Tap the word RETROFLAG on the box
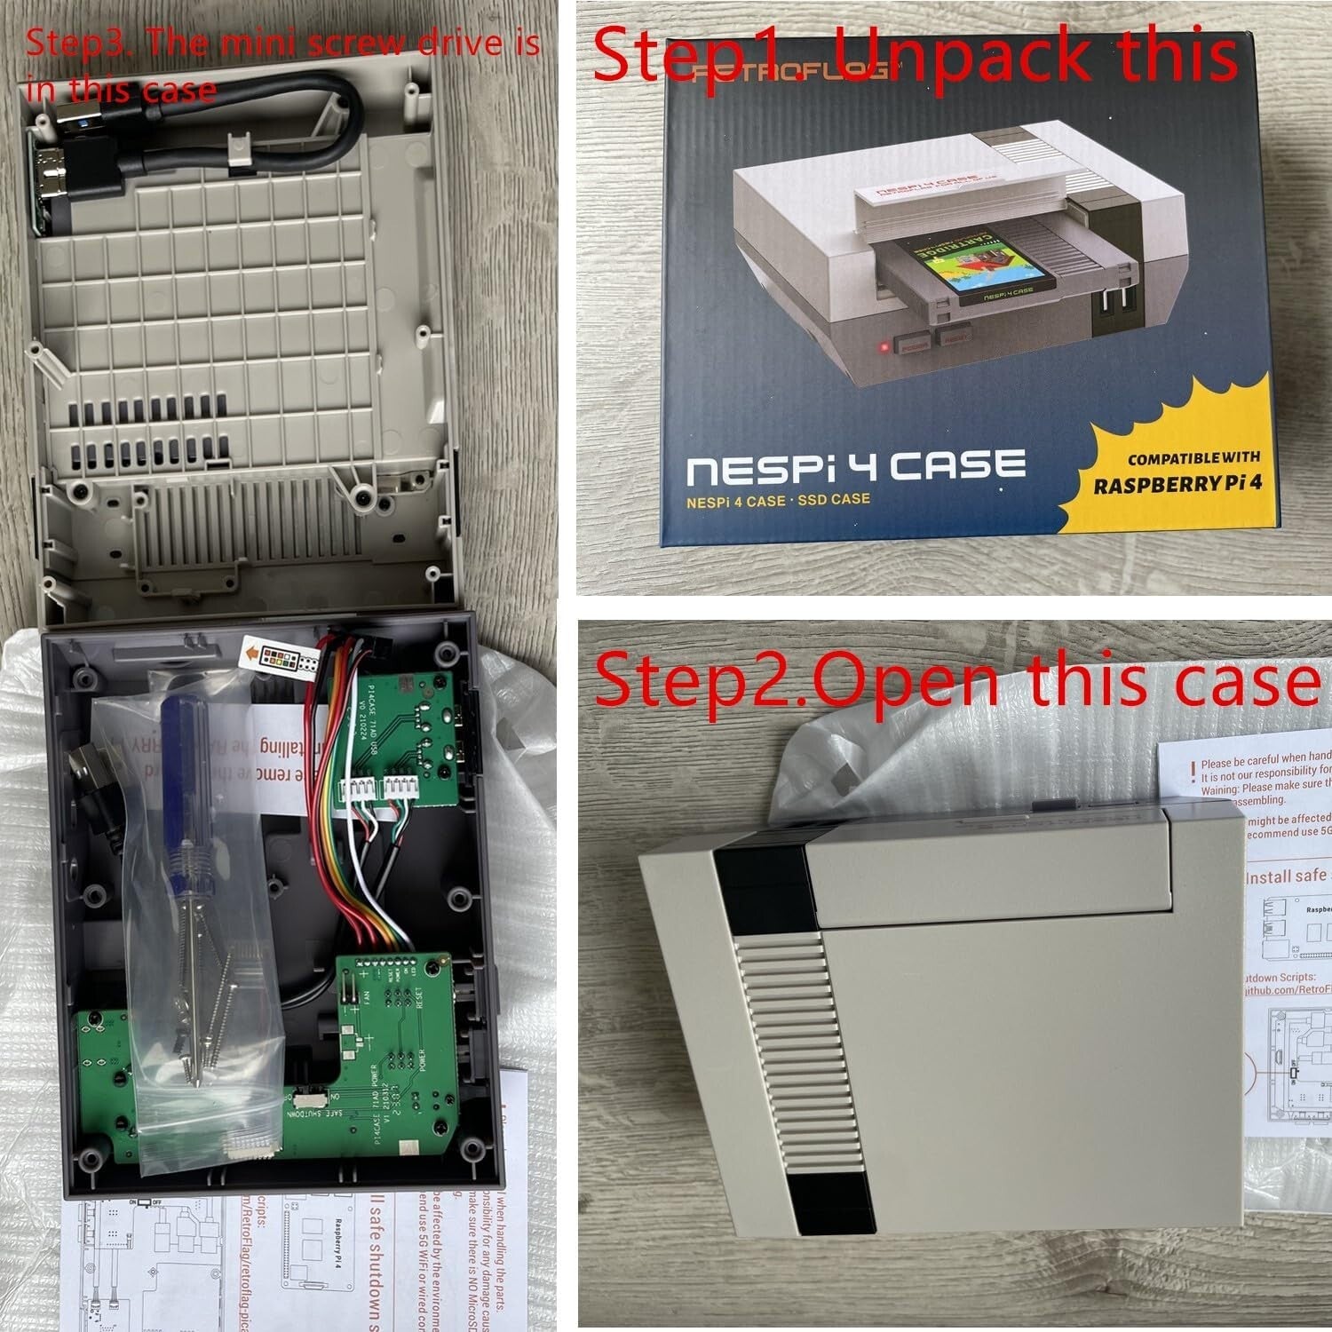790,73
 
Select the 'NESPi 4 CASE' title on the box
856,467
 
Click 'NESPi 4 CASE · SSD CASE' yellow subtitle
778,501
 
